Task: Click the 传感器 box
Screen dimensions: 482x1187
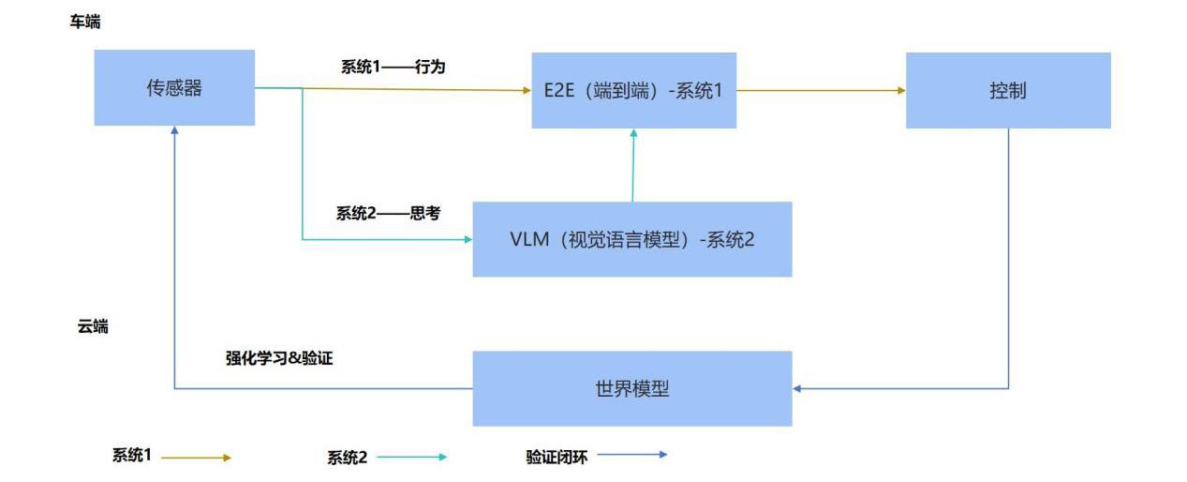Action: tap(174, 88)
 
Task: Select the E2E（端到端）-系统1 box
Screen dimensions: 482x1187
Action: tap(633, 90)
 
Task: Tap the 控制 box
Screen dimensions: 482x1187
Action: tap(1007, 90)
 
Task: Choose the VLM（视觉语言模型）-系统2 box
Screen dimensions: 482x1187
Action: tap(631, 239)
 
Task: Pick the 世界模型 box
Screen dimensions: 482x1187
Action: tap(631, 388)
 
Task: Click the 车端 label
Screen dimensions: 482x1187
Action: tap(85, 23)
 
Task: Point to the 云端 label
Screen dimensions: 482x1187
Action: tap(93, 327)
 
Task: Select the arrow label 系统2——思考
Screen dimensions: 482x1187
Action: tap(388, 214)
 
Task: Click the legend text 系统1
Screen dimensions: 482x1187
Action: tap(132, 456)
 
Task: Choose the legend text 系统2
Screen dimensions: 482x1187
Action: tap(347, 458)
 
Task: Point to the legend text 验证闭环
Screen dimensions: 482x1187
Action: tap(556, 457)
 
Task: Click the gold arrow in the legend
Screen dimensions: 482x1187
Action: tap(196, 458)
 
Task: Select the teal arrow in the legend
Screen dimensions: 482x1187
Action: tap(411, 458)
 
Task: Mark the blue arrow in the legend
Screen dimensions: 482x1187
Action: tap(632, 455)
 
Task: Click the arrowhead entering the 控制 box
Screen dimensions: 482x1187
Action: tap(901, 91)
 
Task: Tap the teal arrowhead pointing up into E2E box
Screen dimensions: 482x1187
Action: tap(633, 134)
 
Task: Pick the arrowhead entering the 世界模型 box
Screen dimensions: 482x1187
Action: tap(797, 388)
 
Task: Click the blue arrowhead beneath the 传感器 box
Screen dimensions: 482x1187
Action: tap(174, 131)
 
